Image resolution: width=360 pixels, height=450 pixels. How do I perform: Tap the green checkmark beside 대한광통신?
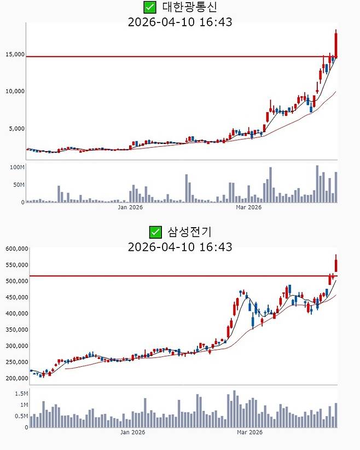click(x=149, y=7)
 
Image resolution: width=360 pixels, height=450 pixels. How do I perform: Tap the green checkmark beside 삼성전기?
click(x=156, y=232)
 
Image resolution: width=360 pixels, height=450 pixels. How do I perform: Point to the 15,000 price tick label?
click(x=15, y=54)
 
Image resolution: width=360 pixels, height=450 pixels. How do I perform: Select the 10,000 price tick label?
click(x=15, y=91)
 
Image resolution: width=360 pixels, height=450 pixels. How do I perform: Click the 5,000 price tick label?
click(x=16, y=129)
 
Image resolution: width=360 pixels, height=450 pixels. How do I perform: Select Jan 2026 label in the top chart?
click(x=131, y=207)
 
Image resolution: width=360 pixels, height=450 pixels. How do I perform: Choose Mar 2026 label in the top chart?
click(x=248, y=207)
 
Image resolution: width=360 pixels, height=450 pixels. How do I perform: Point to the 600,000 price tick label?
click(x=16, y=249)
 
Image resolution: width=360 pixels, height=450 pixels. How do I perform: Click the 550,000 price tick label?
click(x=16, y=265)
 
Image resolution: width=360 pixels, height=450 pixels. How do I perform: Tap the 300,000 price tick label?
click(x=16, y=346)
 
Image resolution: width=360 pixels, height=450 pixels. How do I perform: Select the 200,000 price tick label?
click(x=16, y=378)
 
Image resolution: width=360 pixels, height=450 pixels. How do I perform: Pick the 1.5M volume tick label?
click(x=21, y=394)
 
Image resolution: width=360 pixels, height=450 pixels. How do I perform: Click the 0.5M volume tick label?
click(x=21, y=416)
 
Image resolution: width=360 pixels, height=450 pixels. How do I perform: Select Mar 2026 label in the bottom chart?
click(x=248, y=432)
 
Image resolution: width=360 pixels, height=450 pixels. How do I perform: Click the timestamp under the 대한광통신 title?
click(x=179, y=22)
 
